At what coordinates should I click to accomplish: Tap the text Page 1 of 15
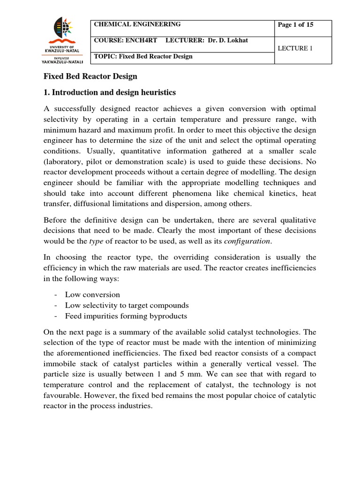tap(296, 25)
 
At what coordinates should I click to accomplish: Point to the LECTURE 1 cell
tap(294, 48)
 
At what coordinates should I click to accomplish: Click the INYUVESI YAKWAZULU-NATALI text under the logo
tap(63, 59)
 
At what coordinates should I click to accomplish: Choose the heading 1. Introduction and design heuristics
tap(110, 92)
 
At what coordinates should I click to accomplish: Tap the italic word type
tap(97, 241)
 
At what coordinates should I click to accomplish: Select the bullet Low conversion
tap(92, 295)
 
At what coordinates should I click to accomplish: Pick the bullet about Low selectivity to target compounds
tap(127, 305)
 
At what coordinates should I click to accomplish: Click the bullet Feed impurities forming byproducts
tap(126, 316)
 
